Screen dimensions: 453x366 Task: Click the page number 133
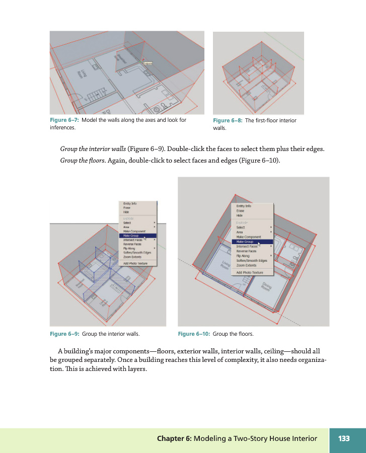point(344,438)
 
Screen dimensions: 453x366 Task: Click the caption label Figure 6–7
point(64,120)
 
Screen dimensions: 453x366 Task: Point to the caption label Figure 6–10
point(194,334)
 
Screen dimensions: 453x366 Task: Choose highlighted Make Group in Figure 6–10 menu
point(245,242)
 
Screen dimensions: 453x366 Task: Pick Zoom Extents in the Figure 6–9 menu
point(133,257)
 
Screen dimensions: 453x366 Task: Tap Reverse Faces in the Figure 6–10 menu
point(246,251)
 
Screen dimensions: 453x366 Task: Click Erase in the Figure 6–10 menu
point(240,211)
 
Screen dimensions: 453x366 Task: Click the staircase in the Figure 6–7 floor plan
point(94,93)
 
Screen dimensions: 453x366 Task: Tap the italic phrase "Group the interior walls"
point(93,149)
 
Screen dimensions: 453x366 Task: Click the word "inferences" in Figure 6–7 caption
point(62,128)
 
